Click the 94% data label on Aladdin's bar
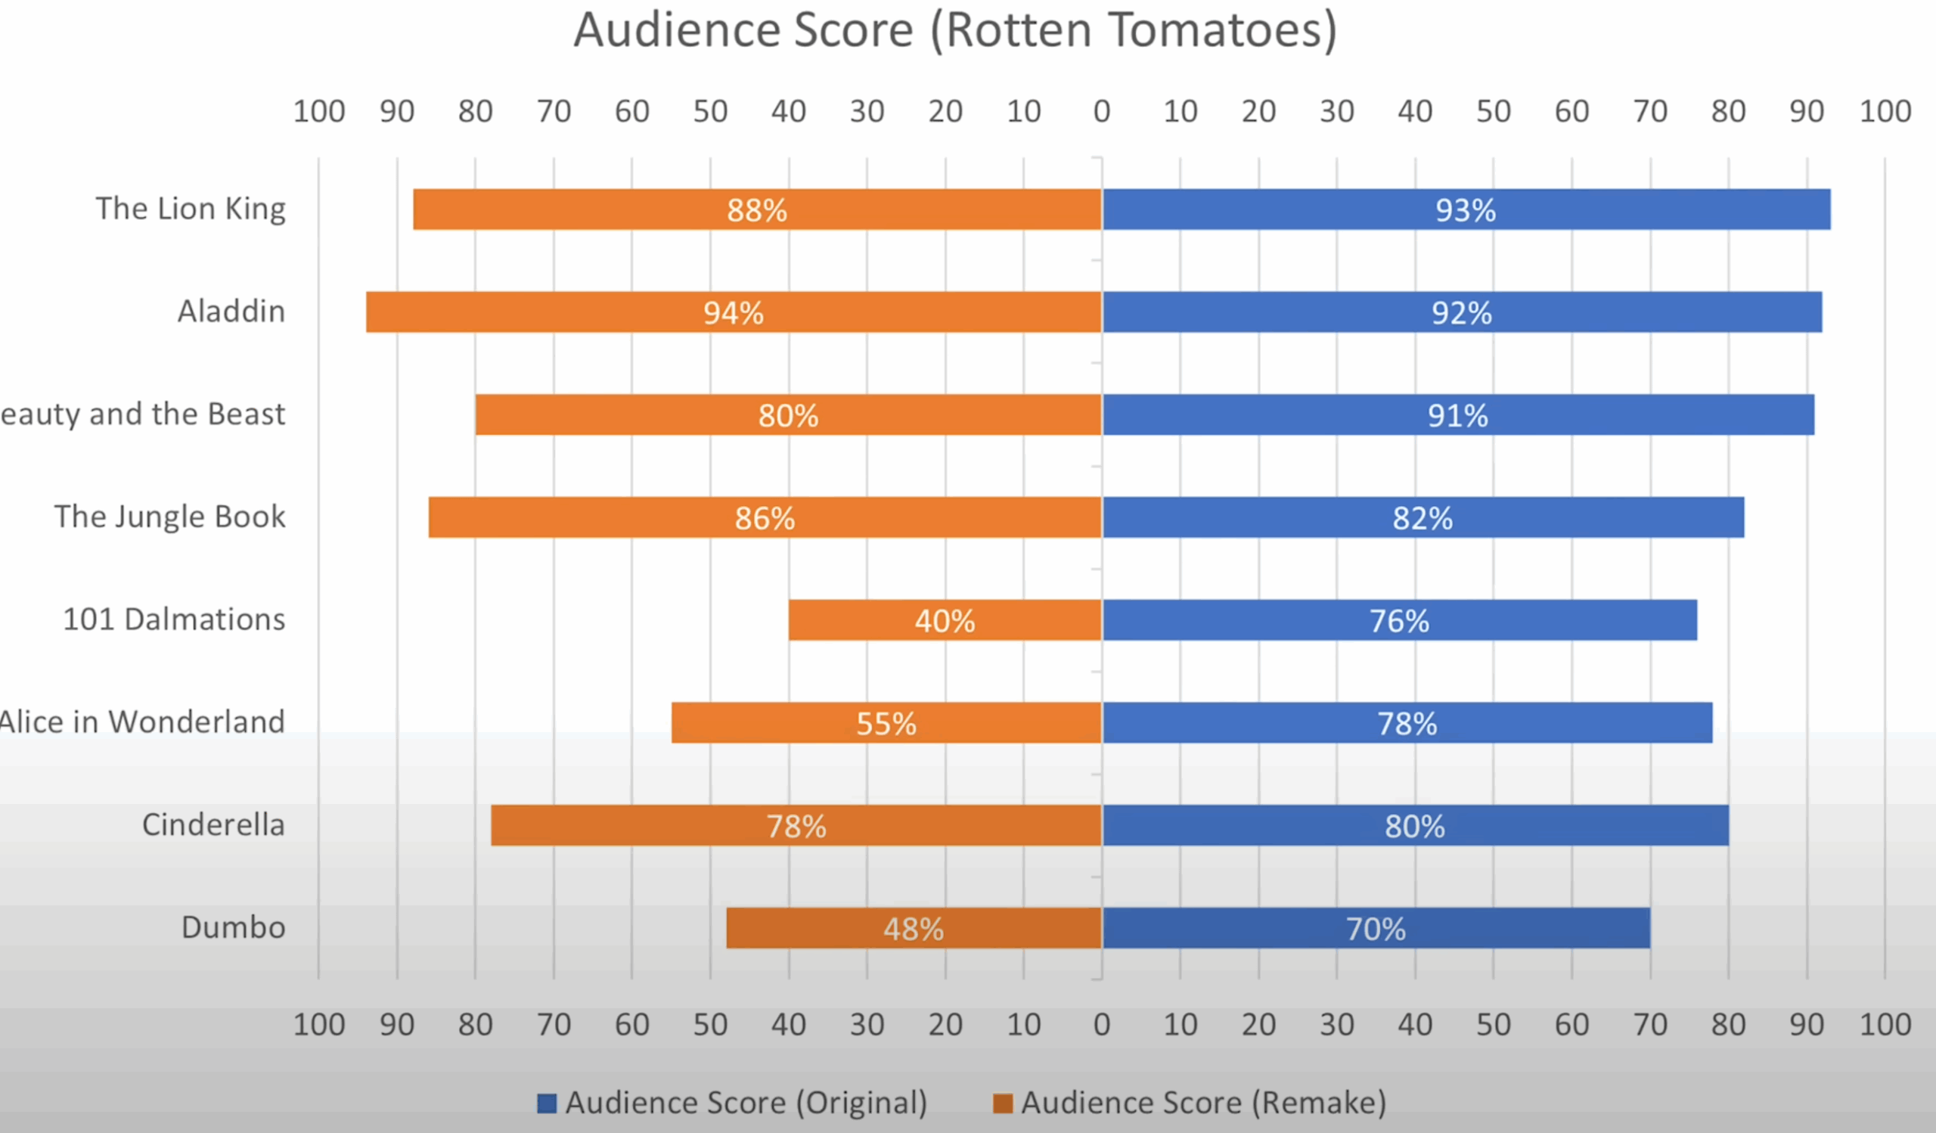pos(734,312)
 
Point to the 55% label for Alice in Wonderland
pos(886,724)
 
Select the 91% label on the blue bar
pos(1457,415)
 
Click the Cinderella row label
pos(213,824)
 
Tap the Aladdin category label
pos(231,311)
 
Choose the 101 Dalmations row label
pos(174,619)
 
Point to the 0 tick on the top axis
pos(1102,112)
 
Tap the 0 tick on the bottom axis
pos(1102,1025)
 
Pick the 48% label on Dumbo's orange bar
pos(914,930)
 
